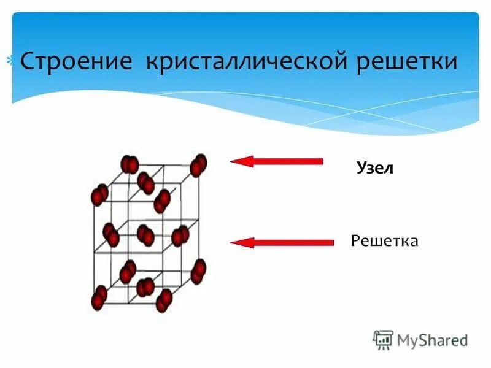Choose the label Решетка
point(385,240)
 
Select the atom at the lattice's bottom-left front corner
point(99,298)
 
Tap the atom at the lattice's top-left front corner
point(99,196)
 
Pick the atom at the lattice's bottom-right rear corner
point(198,270)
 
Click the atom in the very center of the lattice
point(146,235)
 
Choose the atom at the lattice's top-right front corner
point(162,200)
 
